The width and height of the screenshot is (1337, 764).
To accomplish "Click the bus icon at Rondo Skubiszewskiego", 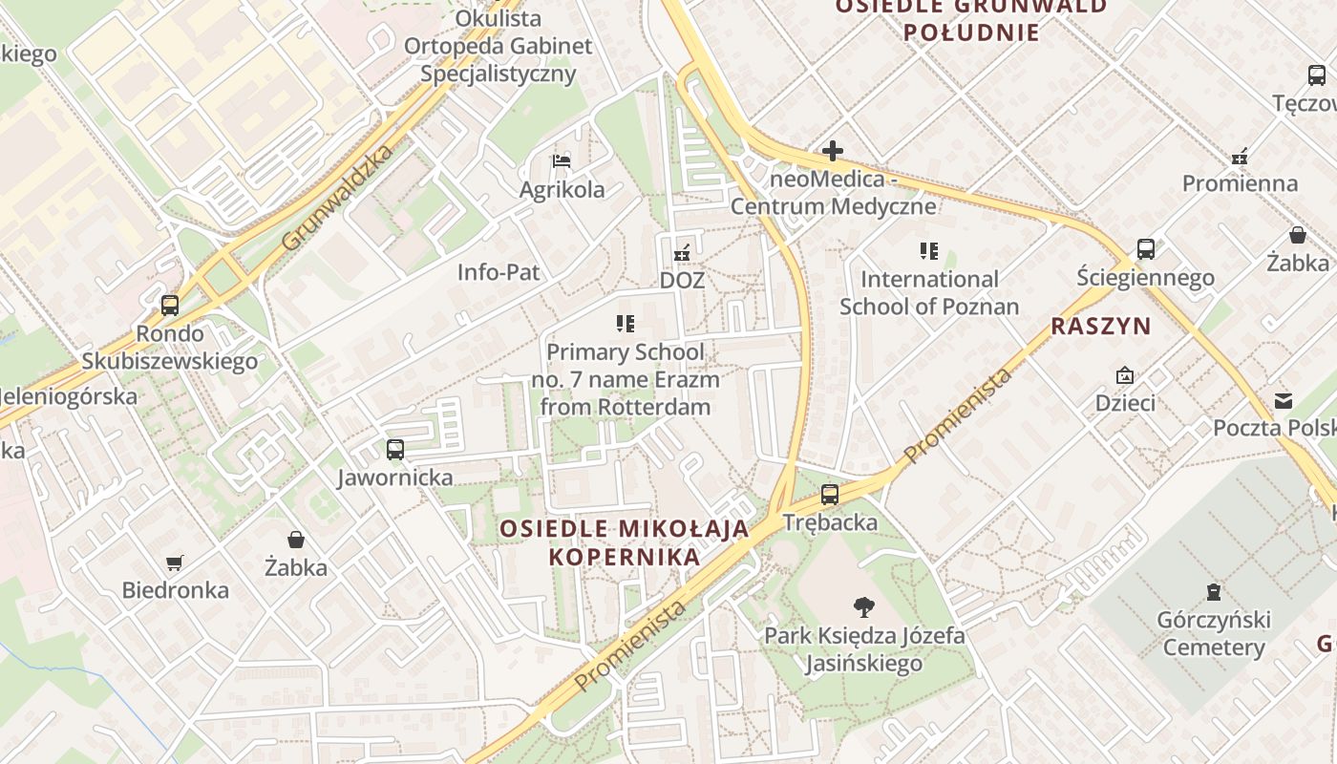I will (170, 306).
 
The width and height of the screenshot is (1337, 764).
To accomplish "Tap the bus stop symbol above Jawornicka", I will (394, 449).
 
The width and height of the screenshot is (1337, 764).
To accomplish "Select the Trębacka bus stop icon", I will (830, 495).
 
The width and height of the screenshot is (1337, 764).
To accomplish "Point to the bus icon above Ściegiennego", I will (1146, 249).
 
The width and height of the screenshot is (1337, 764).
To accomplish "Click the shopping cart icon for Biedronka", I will (174, 562).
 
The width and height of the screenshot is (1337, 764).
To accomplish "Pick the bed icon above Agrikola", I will (562, 160).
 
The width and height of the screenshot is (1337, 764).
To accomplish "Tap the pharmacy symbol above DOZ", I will (682, 253).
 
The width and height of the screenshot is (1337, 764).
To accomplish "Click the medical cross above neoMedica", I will (833, 151).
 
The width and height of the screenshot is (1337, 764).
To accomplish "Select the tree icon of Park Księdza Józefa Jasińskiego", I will (863, 606).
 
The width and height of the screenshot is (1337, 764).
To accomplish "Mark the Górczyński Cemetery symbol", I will (1214, 592).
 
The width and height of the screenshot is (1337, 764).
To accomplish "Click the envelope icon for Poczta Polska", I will (1284, 400).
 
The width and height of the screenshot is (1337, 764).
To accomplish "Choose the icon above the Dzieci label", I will (1125, 375).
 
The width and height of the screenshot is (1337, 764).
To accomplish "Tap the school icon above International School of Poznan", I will (928, 251).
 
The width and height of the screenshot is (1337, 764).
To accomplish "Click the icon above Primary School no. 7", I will (626, 324).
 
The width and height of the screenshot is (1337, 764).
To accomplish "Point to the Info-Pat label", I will (499, 272).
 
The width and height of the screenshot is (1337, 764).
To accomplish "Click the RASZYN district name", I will (1101, 327).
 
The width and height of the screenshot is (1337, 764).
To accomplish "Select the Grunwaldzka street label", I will (338, 199).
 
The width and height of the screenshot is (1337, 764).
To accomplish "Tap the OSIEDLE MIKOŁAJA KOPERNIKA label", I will (624, 542).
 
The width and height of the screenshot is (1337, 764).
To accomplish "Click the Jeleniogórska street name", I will (69, 395).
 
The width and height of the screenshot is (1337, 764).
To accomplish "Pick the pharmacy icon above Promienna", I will (1240, 156).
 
